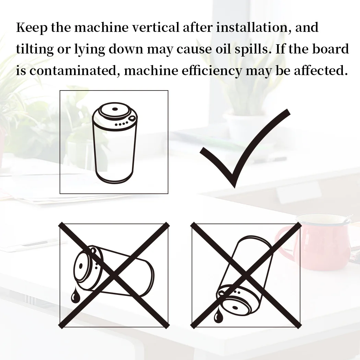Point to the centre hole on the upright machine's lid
coord(115,109)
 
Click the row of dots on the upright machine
coord(121,124)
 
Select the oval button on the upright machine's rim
coord(132,118)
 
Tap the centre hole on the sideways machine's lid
coord(81,266)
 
